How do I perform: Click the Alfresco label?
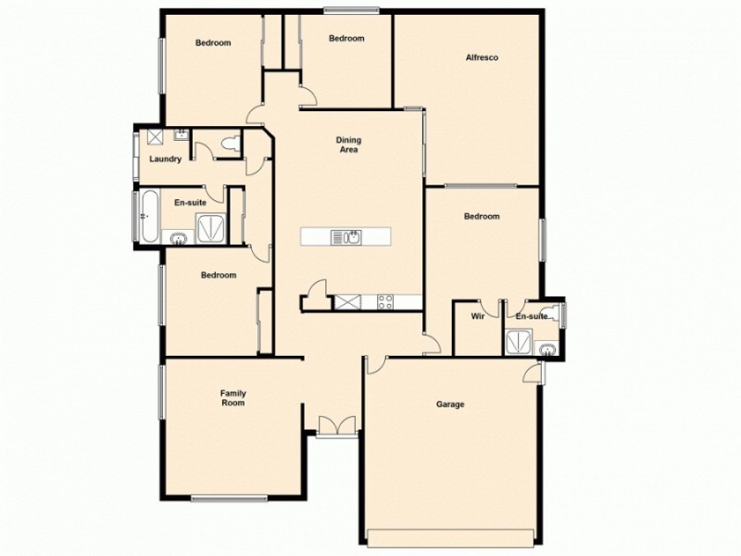click(482, 58)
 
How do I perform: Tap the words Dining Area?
click(347, 145)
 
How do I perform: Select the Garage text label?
click(450, 404)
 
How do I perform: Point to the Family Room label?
click(232, 398)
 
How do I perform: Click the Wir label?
click(478, 317)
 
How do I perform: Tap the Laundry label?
click(165, 158)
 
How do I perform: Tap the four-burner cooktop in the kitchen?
click(385, 300)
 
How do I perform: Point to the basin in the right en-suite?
click(548, 349)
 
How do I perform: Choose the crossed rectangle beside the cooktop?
click(350, 300)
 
